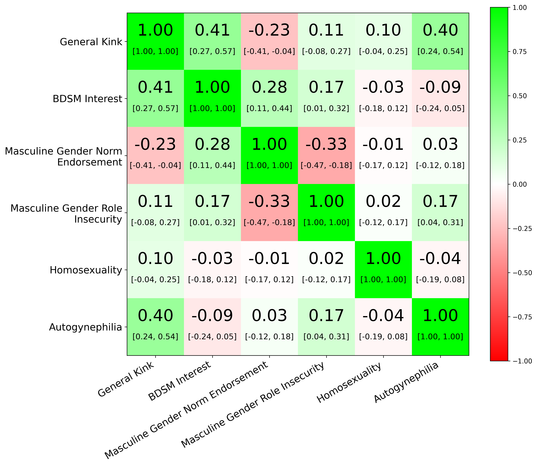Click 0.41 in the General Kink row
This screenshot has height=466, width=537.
tap(212, 30)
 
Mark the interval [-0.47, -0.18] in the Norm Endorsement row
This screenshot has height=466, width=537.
tap(326, 165)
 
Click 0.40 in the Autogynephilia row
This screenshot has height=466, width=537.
tap(155, 316)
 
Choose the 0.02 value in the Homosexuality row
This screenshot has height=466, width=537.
tap(326, 259)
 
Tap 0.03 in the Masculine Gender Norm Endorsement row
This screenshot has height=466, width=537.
tap(440, 145)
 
